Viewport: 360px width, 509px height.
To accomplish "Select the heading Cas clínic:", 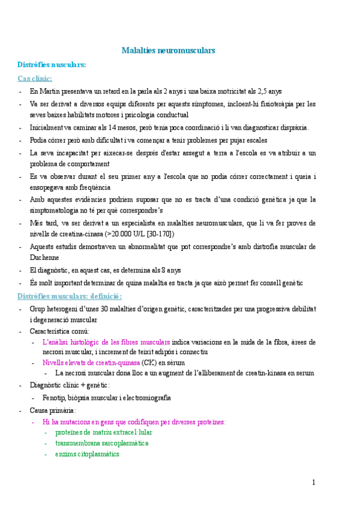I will (35, 78).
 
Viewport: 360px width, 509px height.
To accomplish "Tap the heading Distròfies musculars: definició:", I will (70, 296).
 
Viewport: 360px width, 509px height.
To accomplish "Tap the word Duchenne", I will (46, 258).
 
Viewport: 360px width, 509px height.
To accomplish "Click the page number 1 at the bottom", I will (313, 483).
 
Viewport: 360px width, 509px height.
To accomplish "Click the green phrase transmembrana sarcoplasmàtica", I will (102, 443).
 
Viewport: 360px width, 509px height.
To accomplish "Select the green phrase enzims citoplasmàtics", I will (87, 454).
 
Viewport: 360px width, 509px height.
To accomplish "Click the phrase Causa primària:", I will (53, 411).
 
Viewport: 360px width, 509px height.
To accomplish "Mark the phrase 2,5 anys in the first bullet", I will (269, 91).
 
